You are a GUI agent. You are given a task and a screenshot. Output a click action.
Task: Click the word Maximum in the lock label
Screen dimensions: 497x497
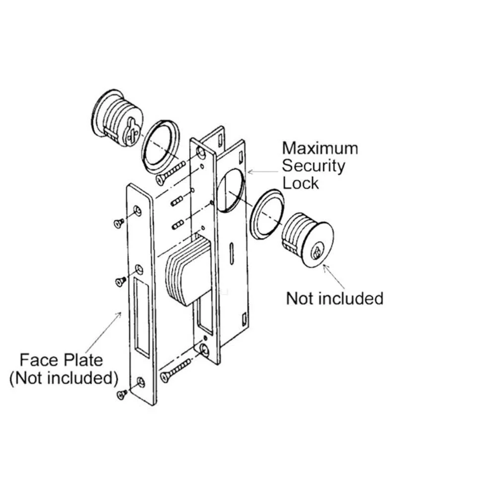pos(320,148)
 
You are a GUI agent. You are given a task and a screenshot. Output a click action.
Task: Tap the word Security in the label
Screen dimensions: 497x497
pos(314,166)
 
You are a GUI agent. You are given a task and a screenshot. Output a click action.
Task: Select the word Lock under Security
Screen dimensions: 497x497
pos(300,183)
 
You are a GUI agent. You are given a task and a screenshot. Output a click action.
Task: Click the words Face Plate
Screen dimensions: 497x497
pos(62,360)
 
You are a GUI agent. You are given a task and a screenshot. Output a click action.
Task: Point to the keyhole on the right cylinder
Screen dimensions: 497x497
pos(316,250)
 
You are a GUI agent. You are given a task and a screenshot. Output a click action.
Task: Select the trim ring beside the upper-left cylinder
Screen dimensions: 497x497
pos(160,147)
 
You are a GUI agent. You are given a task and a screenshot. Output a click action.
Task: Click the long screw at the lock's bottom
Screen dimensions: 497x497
pos(175,370)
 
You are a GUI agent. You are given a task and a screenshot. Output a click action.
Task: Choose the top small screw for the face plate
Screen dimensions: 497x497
pos(119,223)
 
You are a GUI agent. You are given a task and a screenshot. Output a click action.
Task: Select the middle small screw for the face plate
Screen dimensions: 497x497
pos(120,281)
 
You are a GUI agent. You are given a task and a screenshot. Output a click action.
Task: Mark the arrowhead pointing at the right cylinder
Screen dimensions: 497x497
pos(326,267)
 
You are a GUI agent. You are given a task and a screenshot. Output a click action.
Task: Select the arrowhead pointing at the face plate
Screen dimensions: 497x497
pos(119,315)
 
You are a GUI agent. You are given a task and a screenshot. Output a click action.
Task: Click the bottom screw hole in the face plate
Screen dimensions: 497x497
pos(140,382)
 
